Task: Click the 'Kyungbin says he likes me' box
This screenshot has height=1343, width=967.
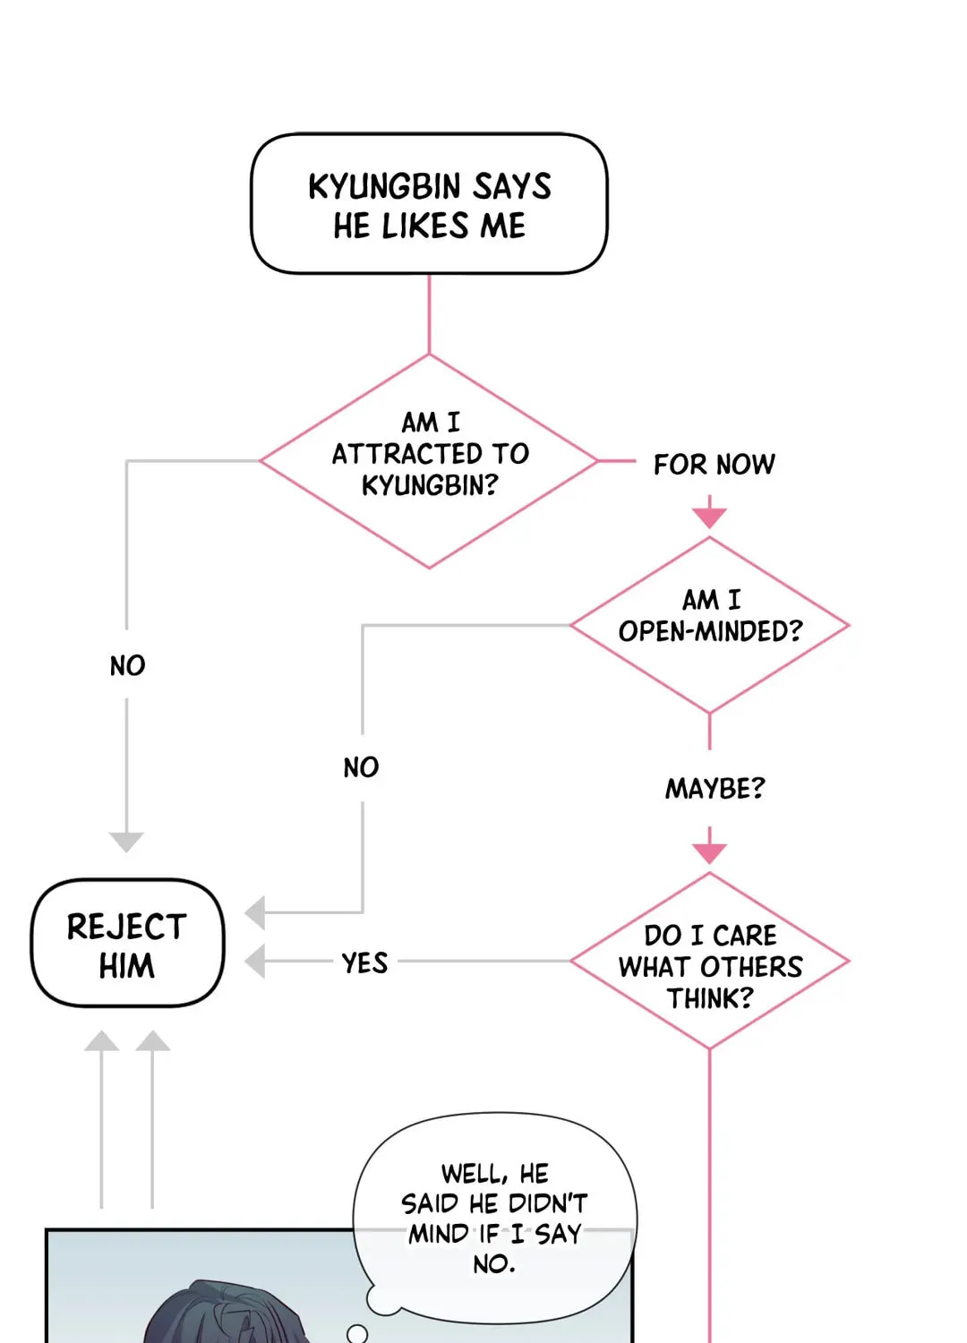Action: point(429,204)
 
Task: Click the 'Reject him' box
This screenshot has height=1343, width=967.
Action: point(127,943)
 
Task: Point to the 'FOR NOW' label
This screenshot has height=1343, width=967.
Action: point(714,465)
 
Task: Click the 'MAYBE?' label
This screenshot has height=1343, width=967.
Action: point(715,789)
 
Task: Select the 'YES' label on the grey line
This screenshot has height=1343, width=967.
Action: point(364,962)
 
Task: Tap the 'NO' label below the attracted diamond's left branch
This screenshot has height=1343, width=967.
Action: point(127,665)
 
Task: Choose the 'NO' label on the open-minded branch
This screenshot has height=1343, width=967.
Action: point(361,767)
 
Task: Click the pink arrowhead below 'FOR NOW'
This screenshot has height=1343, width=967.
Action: point(709,518)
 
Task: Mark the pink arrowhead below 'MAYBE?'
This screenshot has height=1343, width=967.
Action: point(709,853)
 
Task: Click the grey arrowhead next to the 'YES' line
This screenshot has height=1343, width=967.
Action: point(255,961)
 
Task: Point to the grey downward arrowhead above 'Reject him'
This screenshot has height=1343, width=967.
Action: point(126,842)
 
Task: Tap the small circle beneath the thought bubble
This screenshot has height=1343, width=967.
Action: point(357,1333)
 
